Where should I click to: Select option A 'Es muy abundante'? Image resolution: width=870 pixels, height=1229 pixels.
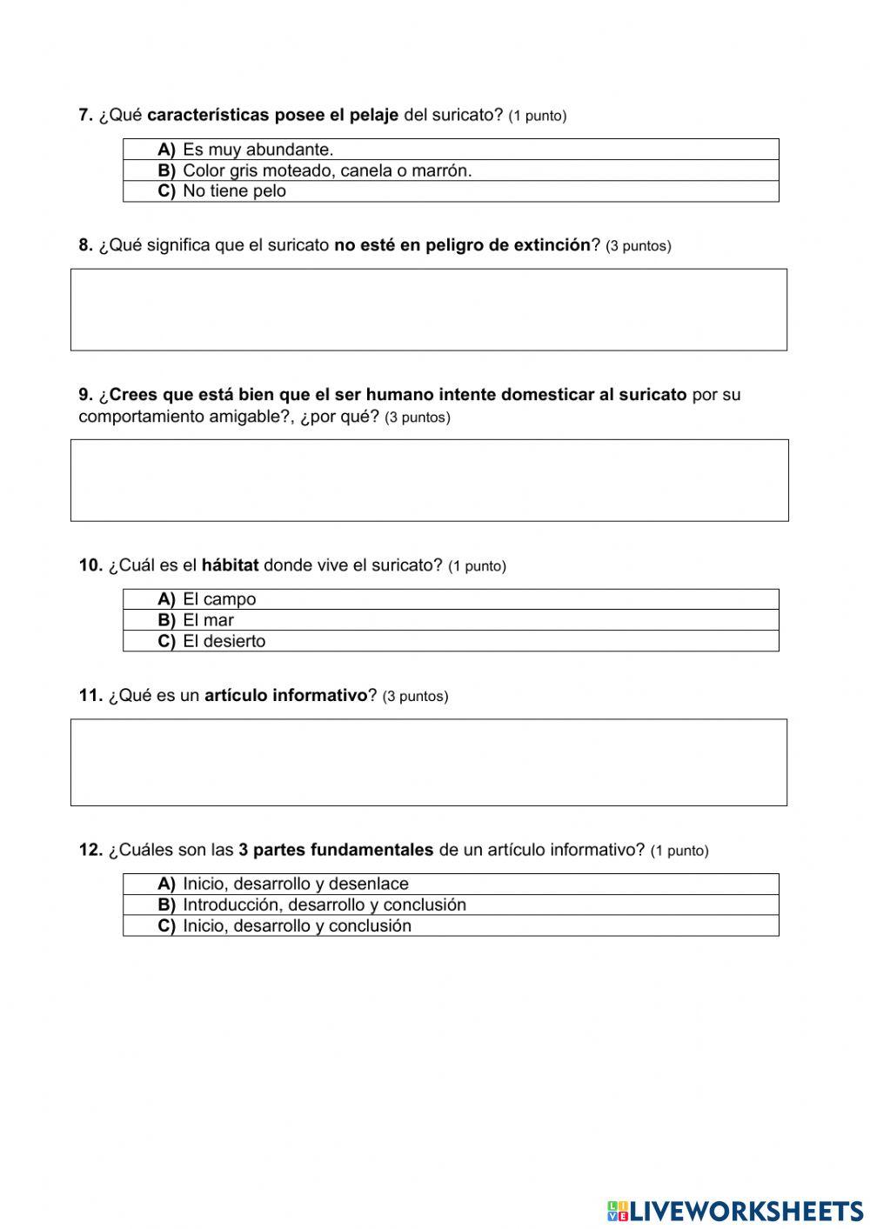click(258, 150)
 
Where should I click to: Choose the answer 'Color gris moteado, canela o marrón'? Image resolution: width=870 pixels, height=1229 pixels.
click(326, 170)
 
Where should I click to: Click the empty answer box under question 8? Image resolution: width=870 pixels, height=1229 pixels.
click(428, 310)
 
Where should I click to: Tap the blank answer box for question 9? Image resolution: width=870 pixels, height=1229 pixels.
click(428, 480)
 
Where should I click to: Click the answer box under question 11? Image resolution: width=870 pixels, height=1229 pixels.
click(428, 762)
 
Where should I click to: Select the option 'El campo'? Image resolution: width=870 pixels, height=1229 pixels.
click(218, 599)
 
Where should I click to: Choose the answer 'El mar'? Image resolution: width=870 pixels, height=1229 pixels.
click(207, 620)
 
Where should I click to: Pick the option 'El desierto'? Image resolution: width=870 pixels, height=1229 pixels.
click(224, 641)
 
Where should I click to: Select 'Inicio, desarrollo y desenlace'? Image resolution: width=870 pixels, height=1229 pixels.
click(295, 884)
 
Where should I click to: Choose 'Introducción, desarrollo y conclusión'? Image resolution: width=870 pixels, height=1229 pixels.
click(324, 905)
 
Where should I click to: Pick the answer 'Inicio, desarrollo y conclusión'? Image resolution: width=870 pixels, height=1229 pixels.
click(296, 925)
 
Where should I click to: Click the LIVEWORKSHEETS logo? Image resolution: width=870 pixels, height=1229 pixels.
click(735, 1210)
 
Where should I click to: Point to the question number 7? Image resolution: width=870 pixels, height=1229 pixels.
click(85, 115)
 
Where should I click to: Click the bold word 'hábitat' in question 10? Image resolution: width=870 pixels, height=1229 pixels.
click(230, 565)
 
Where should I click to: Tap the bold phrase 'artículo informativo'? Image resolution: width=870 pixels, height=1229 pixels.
click(285, 696)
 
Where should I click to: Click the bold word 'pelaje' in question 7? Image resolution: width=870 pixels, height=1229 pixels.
click(373, 115)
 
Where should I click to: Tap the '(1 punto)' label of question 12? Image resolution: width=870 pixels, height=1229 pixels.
click(679, 851)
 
